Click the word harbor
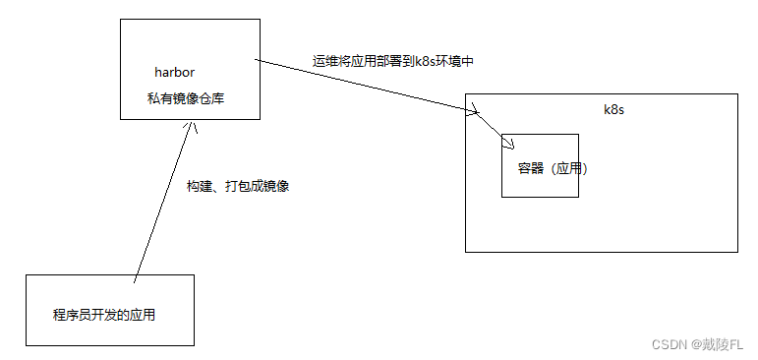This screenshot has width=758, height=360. [x=174, y=72]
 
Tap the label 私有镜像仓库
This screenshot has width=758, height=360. [x=188, y=99]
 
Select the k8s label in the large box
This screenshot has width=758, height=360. [x=613, y=109]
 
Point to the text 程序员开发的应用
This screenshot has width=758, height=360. [x=104, y=316]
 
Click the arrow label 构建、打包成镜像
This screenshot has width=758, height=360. [x=238, y=185]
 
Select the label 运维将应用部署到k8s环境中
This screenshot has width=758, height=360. [x=394, y=61]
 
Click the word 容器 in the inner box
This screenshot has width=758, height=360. [x=530, y=169]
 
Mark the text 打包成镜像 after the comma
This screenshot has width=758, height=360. [x=258, y=185]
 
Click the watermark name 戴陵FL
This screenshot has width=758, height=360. [x=722, y=344]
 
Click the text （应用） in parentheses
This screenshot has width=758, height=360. [x=566, y=169]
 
